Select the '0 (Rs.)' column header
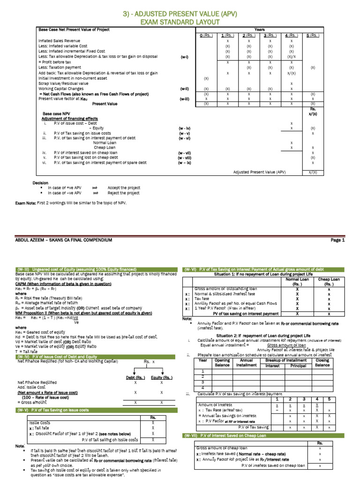pos(206,35)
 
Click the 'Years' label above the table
pos(259,29)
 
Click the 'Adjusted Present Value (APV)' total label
pos(259,172)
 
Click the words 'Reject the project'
pos(123,193)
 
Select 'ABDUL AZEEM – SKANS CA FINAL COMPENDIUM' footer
pos(64,240)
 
